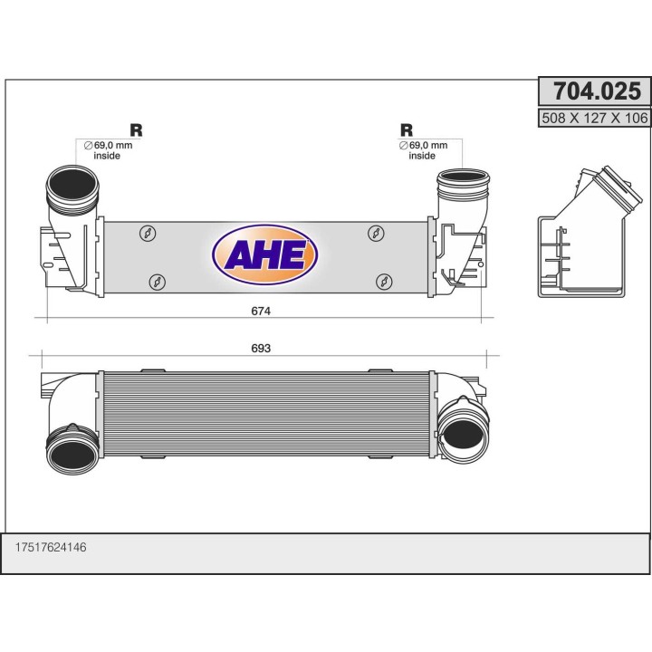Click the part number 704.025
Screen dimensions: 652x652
594,91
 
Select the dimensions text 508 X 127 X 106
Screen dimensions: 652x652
594,117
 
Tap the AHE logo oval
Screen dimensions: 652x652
264,254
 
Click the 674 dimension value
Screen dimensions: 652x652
262,311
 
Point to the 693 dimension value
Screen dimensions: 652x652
262,348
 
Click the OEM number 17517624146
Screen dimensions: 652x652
51,547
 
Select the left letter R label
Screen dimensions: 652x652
136,129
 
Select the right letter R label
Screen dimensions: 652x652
407,129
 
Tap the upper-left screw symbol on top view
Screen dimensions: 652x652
147,234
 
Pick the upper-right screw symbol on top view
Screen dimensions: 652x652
376,234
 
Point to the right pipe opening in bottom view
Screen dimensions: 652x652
464,433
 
